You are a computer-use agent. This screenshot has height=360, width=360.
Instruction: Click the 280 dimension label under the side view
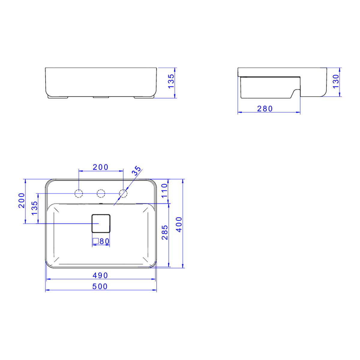[x=265, y=109]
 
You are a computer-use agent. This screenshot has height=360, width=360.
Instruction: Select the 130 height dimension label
[x=336, y=82]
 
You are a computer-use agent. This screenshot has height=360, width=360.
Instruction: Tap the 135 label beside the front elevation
[x=171, y=81]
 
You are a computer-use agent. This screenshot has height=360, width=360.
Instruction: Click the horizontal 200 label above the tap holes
[x=100, y=167]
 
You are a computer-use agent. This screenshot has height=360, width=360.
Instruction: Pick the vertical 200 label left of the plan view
[x=22, y=200]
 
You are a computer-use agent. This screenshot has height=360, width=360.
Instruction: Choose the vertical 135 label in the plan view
[x=34, y=208]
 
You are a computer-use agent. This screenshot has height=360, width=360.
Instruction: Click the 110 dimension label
[x=165, y=191]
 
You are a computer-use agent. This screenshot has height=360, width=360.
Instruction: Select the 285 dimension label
[x=165, y=232]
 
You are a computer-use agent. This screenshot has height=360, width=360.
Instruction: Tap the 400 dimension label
[x=179, y=224]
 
